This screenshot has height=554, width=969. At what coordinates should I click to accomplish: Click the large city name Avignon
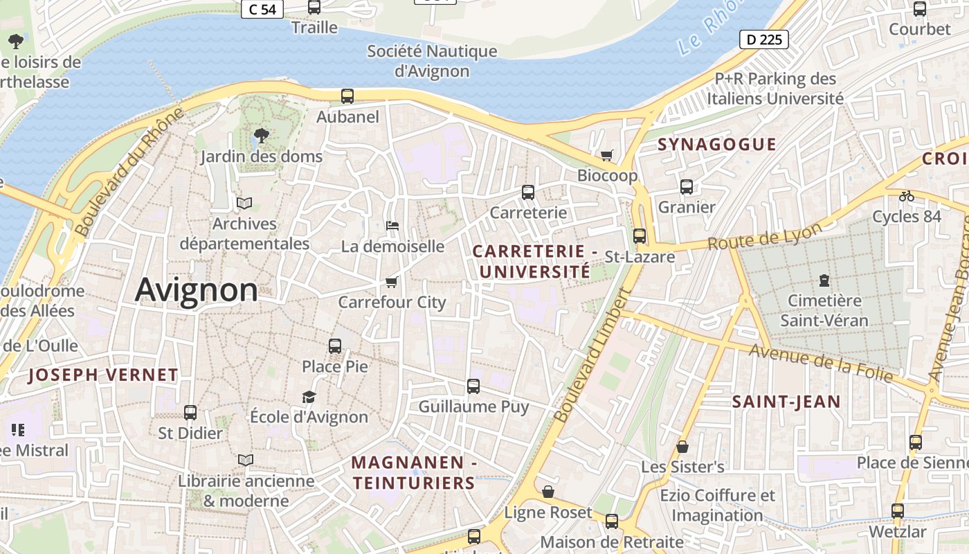coord(197,290)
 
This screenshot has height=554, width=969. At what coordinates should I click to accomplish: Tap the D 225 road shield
coord(765,39)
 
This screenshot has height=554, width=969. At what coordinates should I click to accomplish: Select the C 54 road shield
coord(262,9)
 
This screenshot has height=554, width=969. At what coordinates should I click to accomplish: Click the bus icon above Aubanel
coord(347,96)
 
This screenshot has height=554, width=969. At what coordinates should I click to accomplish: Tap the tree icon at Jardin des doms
coord(261,135)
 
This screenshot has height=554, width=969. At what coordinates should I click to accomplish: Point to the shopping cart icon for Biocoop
coord(607,155)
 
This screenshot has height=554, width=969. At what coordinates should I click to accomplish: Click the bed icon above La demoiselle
coord(392,226)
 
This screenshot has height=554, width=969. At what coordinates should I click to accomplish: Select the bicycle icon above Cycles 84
coord(906,196)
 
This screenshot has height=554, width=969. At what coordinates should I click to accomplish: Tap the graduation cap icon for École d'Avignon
coord(309,397)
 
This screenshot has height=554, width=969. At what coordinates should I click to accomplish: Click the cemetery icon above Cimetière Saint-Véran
coord(824,280)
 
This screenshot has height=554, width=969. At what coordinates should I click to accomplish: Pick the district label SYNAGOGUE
coord(716,144)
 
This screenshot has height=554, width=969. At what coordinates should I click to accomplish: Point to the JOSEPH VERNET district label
coord(103,375)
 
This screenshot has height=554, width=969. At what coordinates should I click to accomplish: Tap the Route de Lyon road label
coord(765,236)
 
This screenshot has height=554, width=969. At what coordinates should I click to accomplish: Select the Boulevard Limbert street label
coord(593,355)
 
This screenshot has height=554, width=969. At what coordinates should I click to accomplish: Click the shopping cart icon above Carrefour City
coord(391,282)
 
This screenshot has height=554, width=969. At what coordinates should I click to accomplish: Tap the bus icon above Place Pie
coord(335,346)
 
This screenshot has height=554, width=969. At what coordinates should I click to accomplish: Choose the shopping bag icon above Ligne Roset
coord(548,492)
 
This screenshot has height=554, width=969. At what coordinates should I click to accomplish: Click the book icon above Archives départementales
coord(244,203)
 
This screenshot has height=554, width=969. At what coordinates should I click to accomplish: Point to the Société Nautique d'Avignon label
coord(432,61)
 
